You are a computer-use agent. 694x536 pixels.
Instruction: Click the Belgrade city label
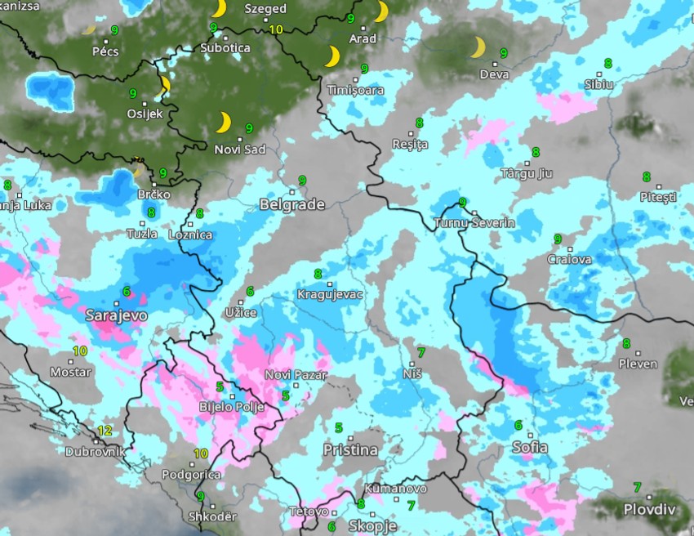click(292, 204)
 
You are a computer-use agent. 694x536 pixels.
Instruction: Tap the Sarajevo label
click(116, 315)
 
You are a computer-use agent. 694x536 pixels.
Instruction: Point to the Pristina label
click(350, 450)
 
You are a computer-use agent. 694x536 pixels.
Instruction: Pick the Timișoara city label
click(355, 90)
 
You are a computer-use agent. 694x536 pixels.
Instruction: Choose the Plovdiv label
click(651, 509)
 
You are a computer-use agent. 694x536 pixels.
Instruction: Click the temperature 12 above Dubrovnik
click(105, 431)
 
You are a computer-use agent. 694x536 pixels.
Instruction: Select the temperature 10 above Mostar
click(80, 351)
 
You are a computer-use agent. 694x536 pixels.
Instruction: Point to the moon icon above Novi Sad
click(223, 123)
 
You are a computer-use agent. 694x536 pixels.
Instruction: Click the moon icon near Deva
click(478, 48)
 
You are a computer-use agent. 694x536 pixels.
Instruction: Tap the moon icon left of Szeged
click(219, 9)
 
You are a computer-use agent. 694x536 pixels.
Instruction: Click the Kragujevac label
click(329, 294)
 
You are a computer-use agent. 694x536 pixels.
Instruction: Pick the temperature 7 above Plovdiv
click(637, 488)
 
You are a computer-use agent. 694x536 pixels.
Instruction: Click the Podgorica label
click(191, 475)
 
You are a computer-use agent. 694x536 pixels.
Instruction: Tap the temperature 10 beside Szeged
click(276, 29)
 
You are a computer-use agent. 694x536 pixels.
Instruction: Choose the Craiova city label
click(568, 260)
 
